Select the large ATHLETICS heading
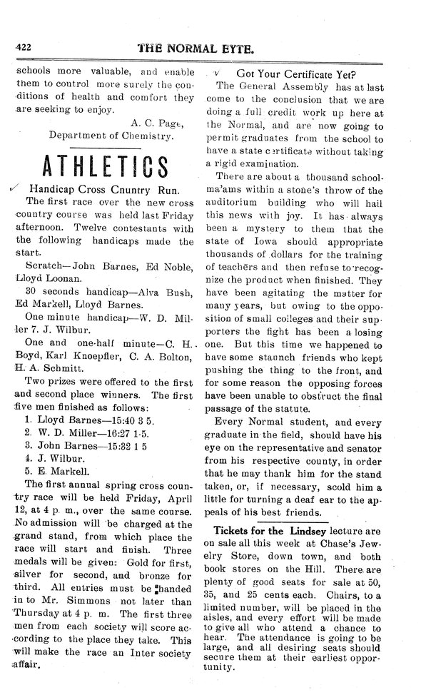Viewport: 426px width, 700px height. pyautogui.click(x=104, y=165)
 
